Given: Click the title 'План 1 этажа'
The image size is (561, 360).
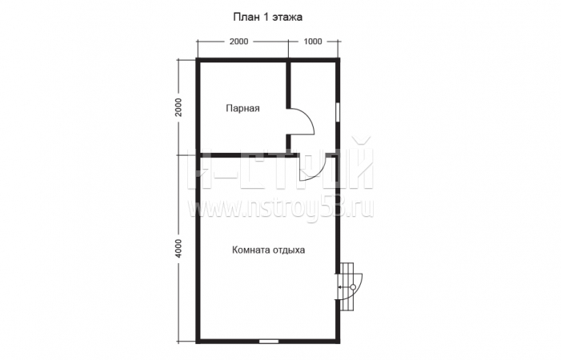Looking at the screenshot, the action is (x=267, y=17).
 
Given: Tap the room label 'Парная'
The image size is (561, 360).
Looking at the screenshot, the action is (x=242, y=108).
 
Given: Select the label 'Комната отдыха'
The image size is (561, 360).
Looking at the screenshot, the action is (x=268, y=250).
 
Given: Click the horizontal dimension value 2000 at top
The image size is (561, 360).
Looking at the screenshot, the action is (x=238, y=42).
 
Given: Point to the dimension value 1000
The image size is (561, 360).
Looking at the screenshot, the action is (x=313, y=42).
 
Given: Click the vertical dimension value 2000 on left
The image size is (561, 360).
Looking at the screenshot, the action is (x=179, y=107).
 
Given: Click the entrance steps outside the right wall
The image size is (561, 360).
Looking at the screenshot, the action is (x=348, y=286).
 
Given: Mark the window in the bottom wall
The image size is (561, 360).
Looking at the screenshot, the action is (x=269, y=342).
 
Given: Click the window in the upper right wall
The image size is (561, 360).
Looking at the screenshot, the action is (x=338, y=113).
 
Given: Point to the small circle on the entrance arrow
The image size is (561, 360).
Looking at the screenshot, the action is (x=353, y=287).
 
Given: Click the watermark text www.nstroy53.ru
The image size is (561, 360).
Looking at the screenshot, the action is (x=281, y=208).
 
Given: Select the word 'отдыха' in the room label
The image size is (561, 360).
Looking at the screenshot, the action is (x=289, y=250).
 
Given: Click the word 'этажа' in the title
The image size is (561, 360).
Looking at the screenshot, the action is (x=287, y=18).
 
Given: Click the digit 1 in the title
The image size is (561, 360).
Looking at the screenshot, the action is (x=266, y=17).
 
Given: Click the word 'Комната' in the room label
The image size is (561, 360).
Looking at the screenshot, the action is (x=251, y=250).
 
